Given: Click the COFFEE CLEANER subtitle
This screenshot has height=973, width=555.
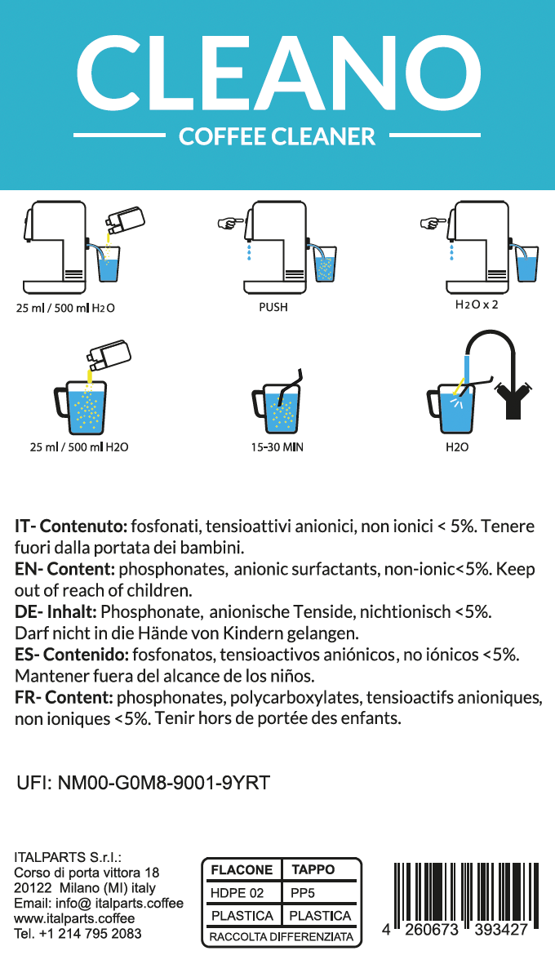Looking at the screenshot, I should click(277, 136).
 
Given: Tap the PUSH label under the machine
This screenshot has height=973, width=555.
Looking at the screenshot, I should click(273, 308).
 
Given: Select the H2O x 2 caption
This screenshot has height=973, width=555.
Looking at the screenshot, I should click(476, 304).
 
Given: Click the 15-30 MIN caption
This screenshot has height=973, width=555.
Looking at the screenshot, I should click(277, 447).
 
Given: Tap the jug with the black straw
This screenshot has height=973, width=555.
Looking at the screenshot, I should click(275, 406).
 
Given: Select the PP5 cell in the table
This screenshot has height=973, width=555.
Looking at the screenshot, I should click(302, 893).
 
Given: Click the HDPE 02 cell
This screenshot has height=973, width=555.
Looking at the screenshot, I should click(238, 893).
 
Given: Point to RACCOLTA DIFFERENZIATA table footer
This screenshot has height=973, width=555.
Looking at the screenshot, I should click(282, 937).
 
